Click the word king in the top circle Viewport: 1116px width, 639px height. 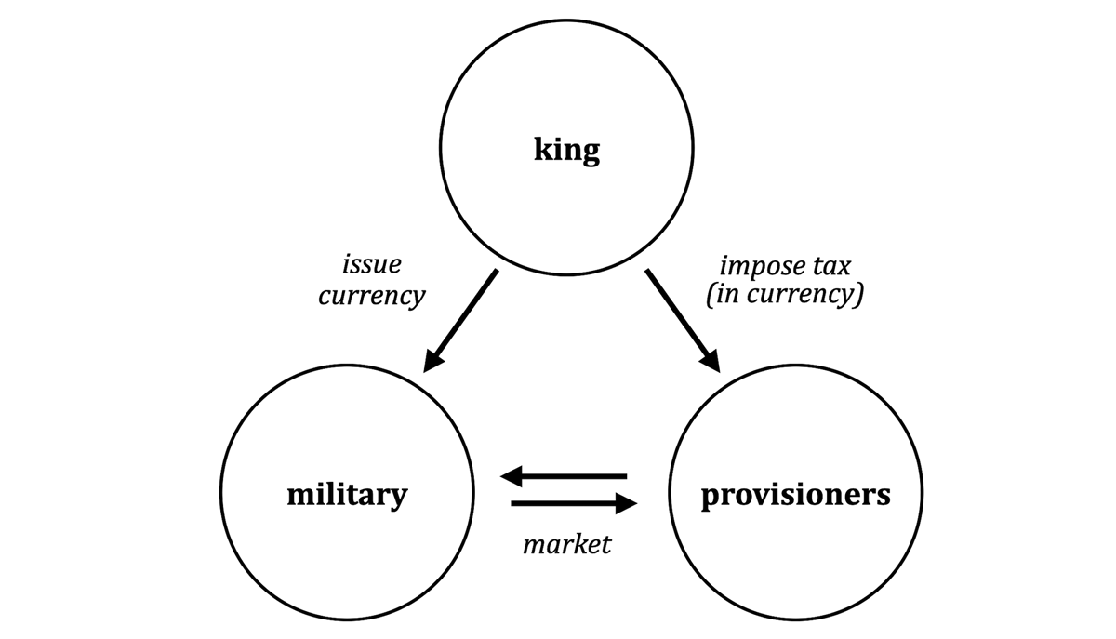pyautogui.click(x=567, y=150)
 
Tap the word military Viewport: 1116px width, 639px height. pyautogui.click(x=347, y=495)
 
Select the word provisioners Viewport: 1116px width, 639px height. pyautogui.click(x=796, y=496)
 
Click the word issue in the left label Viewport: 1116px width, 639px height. pyautogui.click(x=372, y=264)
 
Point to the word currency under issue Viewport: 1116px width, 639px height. pyautogui.click(x=372, y=296)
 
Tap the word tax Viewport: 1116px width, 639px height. pyautogui.click(x=832, y=266)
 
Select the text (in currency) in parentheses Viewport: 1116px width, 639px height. pyautogui.click(x=785, y=295)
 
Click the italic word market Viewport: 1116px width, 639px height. pyautogui.click(x=567, y=544)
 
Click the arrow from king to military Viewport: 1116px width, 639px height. pyautogui.click(x=459, y=321)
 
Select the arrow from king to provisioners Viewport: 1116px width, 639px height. pyautogui.click(x=683, y=321)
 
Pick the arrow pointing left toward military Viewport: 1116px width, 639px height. pyautogui.click(x=563, y=476)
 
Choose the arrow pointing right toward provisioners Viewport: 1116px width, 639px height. pyautogui.click(x=574, y=503)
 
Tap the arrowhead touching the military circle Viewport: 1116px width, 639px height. pyautogui.click(x=432, y=361)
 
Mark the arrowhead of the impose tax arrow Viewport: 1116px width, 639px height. pyautogui.click(x=711, y=361)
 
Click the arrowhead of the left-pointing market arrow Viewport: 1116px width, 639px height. pyautogui.click(x=511, y=476)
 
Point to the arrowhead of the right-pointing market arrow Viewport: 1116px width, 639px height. pyautogui.click(x=627, y=503)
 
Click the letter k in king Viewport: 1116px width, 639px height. pyautogui.click(x=543, y=148)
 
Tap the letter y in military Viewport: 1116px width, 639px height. pyautogui.click(x=398, y=499)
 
